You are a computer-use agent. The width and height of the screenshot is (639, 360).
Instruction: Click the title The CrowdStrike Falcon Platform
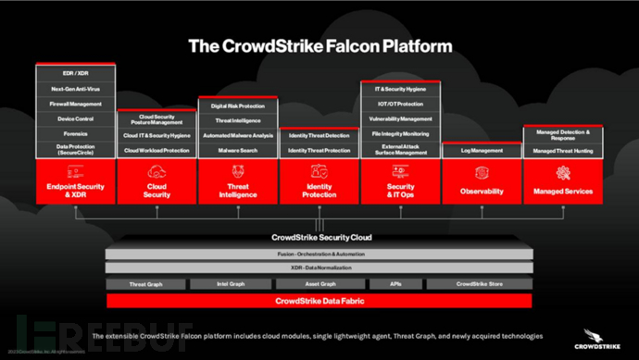coord(319,43)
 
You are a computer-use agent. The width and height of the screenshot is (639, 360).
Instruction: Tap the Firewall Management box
coord(75,104)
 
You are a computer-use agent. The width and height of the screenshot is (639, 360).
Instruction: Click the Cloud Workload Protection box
coord(157,149)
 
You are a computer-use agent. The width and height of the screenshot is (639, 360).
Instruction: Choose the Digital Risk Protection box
coord(238,106)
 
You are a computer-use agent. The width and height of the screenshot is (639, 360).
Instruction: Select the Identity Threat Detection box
coord(319,135)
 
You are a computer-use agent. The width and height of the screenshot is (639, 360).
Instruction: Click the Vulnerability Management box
coord(400,118)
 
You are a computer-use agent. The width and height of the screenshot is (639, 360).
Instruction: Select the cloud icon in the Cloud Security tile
coord(157,173)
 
